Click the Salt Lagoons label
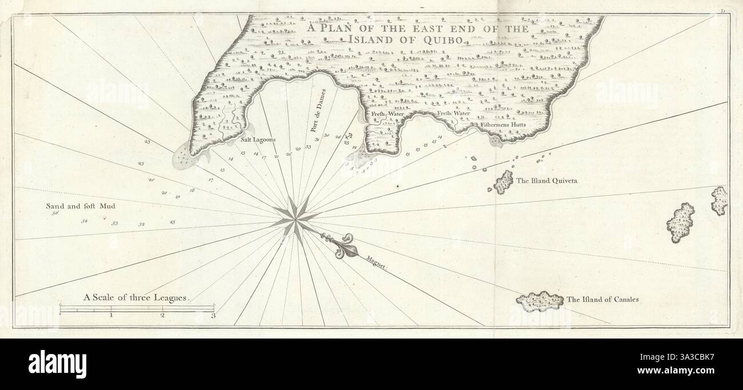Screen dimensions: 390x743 pyautogui.click(x=259, y=140)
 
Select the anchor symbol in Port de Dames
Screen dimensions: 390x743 pyautogui.click(x=349, y=136)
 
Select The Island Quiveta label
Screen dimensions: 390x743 pyautogui.click(x=548, y=181)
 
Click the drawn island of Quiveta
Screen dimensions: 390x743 pyautogui.click(x=503, y=182)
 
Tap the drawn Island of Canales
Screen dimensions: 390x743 pyautogui.click(x=539, y=300)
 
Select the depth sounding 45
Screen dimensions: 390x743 pyautogui.click(x=173, y=222)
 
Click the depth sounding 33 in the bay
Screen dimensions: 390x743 pyautogui.click(x=308, y=147)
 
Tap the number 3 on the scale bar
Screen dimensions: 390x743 pyautogui.click(x=213, y=315)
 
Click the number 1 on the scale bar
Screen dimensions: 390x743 pyautogui.click(x=111, y=315)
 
